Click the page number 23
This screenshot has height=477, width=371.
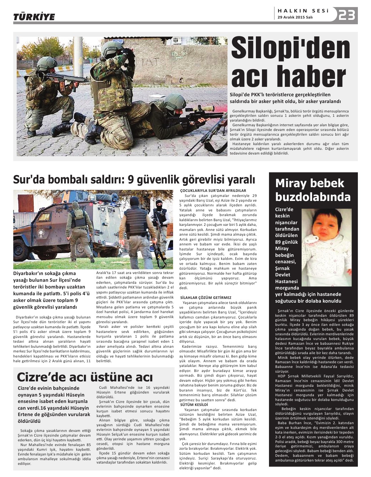tap(347, 15)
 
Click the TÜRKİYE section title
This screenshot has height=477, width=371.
tap(34, 17)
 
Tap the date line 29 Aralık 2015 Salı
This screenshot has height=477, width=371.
tap(295, 18)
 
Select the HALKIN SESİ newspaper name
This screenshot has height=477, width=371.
tap(303, 11)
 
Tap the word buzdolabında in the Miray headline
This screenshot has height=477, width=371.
tap(313, 197)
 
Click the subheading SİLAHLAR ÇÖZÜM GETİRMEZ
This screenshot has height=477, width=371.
tap(206, 298)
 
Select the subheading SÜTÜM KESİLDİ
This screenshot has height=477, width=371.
tap(194, 404)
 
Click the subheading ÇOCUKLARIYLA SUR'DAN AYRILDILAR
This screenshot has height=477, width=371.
tap(213, 191)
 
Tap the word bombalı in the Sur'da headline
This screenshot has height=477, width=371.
tap(63, 180)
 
